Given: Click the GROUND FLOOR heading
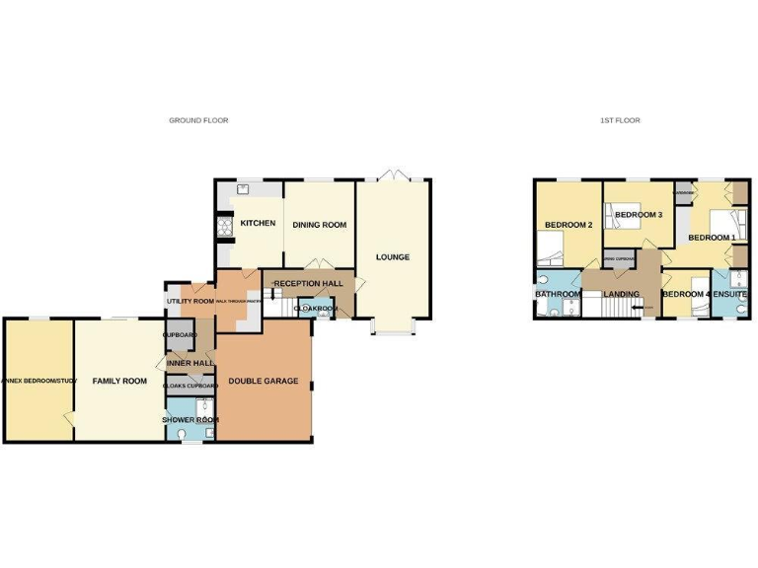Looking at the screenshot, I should coord(198,120).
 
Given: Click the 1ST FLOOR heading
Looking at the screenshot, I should coord(620,120).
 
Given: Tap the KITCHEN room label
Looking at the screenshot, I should coord(258,224).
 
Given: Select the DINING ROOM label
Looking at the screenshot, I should coord(320,225).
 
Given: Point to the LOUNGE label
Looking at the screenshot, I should coord(392,257).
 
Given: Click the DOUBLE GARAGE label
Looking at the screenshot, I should coord(263,381).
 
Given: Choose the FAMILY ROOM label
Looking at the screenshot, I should coord(119,381).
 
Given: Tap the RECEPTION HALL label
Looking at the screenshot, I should coord(309,284).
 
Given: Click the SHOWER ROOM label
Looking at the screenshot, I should coord(190,420).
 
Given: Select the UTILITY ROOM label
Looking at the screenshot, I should coord(189,301).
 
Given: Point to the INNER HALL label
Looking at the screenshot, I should coord(189,363).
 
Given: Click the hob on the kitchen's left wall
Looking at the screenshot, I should coord(222,226).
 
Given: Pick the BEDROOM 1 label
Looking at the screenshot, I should coord(712,238).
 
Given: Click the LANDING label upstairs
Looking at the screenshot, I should coord(621,294).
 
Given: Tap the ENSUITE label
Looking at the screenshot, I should coord(731,294).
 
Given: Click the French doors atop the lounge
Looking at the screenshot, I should coord(392,177).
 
